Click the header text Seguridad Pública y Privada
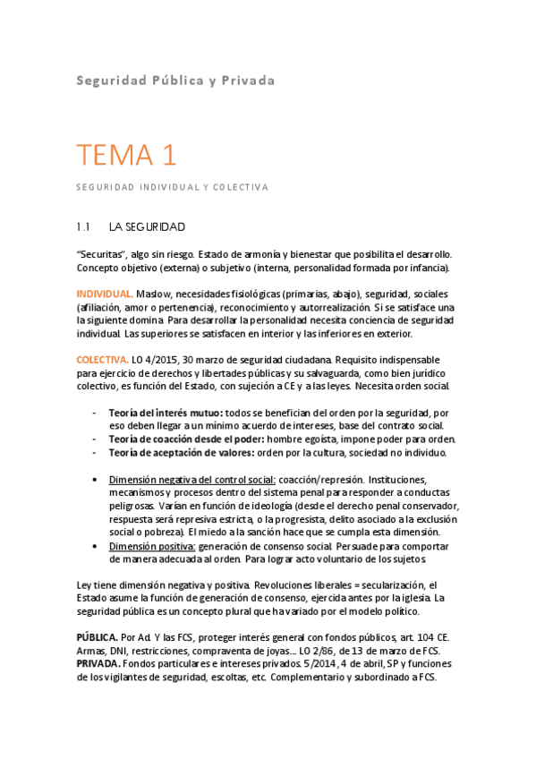click(174, 81)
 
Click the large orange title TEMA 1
click(125, 156)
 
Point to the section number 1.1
click(85, 227)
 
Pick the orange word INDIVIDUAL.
click(106, 294)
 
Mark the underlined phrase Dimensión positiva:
click(152, 545)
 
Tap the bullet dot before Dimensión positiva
click(96, 545)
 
